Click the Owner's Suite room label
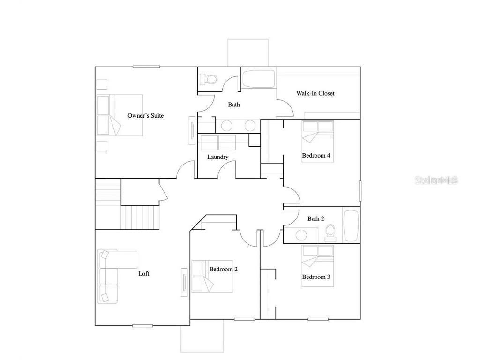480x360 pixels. pos(145,115)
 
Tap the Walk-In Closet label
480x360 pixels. pos(315,93)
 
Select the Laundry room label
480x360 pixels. pos(217,157)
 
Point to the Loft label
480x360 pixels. pos(143,273)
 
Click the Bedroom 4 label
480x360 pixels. pos(319,155)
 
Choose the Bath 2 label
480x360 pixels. pos(315,218)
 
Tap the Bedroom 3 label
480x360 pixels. pos(316,277)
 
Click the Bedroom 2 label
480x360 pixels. pos(223,269)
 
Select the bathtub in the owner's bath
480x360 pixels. pos(259,79)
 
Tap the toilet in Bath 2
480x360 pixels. pos(330,232)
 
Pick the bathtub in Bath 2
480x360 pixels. pos(351,225)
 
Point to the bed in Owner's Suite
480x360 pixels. pos(120,115)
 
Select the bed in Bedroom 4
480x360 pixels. pos(317,141)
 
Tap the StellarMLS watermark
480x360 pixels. pos(436,180)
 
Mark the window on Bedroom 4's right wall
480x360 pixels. pos(360,191)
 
